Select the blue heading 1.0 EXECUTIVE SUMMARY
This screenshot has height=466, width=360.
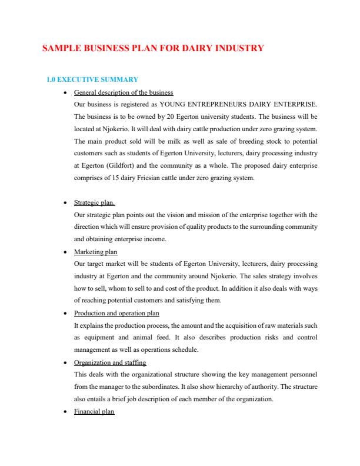[x=92, y=79]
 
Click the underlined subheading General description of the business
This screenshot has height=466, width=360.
[x=124, y=92]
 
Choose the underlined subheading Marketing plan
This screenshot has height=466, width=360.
[x=95, y=252]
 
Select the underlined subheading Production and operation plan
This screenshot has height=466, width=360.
[x=116, y=313]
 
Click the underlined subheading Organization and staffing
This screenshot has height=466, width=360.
[x=110, y=362]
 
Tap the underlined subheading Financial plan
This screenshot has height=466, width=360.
[x=94, y=412]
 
